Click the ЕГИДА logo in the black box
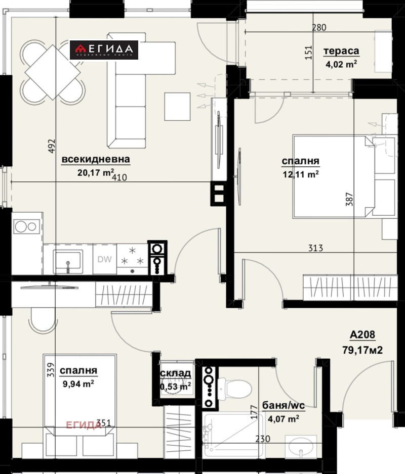pyautogui.click(x=104, y=50)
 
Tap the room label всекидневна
pyautogui.click(x=96, y=160)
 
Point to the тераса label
pyautogui.click(x=341, y=51)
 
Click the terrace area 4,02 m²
pyautogui.click(x=342, y=64)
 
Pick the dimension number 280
pyautogui.click(x=319, y=28)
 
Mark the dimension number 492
pyautogui.click(x=51, y=146)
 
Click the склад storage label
pyautogui.click(x=176, y=373)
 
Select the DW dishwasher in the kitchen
pyautogui.click(x=104, y=260)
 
